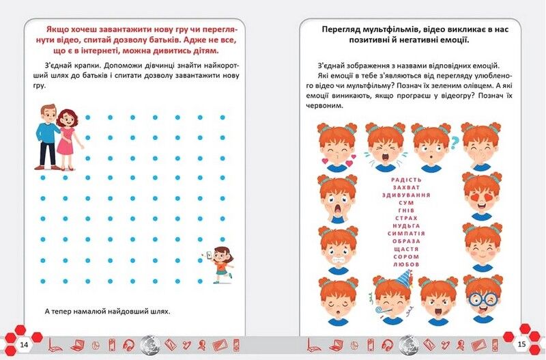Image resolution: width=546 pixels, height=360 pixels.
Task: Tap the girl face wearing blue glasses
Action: point(483,298)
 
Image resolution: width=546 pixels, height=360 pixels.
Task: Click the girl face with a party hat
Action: point(391,298)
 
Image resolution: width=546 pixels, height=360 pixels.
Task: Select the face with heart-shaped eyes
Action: point(482,195)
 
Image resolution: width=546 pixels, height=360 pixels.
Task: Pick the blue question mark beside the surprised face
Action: point(455,142)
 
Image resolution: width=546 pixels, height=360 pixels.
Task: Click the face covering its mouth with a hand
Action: point(482,146)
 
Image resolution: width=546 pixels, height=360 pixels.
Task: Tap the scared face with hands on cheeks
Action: point(336,198)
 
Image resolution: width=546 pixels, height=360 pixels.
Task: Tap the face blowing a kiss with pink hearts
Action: point(338,146)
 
